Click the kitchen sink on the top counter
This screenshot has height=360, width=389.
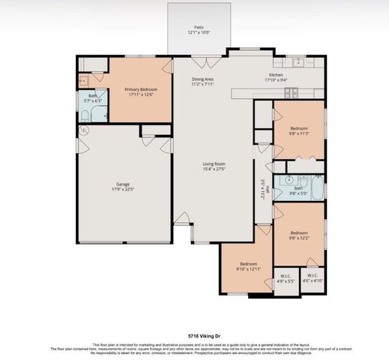(x=298, y=61)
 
